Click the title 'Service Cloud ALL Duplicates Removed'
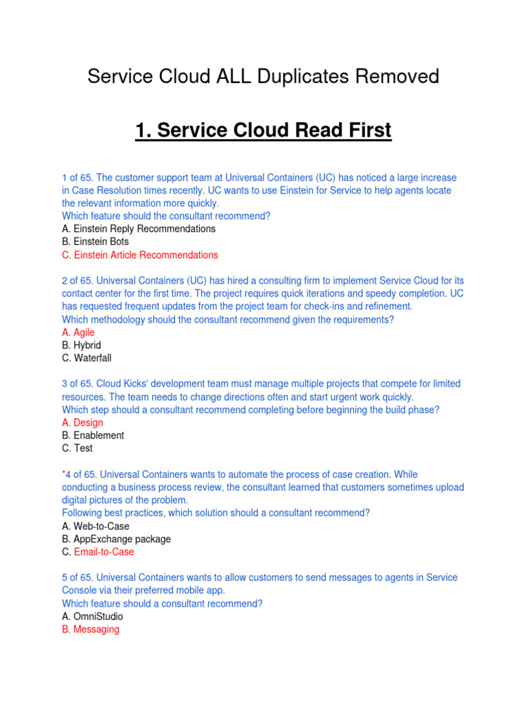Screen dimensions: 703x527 tap(263, 76)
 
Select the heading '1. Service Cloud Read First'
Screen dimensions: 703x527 tap(263, 130)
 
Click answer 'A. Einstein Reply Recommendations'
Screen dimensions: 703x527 tap(139, 229)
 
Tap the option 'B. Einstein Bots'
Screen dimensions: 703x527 tap(95, 242)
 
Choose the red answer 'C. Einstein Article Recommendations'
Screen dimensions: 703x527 tap(140, 255)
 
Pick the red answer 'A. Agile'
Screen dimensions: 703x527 tap(78, 332)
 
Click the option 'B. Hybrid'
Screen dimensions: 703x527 tap(82, 345)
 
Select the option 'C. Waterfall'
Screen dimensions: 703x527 tap(86, 358)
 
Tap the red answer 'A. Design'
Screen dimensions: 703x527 tap(82, 422)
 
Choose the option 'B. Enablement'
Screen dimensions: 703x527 tap(93, 435)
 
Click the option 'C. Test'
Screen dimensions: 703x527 tap(77, 448)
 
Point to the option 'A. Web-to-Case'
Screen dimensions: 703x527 tap(95, 526)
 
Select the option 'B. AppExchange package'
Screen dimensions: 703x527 tap(117, 539)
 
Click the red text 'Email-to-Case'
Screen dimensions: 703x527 tap(104, 552)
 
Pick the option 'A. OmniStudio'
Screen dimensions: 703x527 tap(93, 616)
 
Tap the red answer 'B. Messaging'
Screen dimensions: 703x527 tap(91, 629)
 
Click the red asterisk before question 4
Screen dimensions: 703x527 tap(64, 474)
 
